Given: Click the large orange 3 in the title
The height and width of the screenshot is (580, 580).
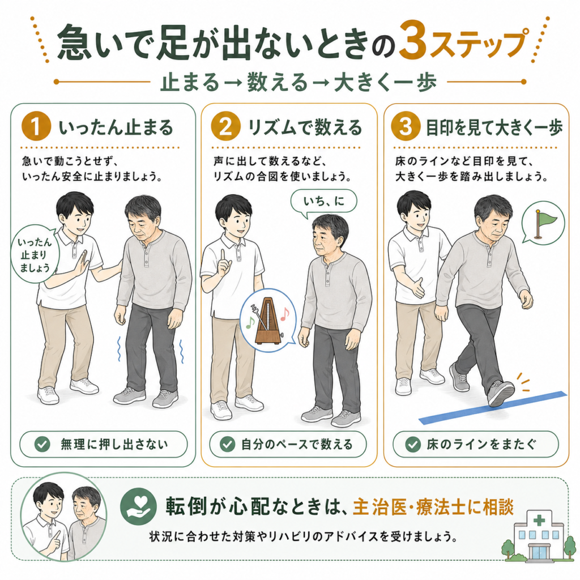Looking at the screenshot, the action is point(413,42).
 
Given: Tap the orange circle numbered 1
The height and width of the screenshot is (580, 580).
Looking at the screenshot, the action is point(36,126).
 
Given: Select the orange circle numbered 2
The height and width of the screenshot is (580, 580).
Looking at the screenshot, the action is point(225,126).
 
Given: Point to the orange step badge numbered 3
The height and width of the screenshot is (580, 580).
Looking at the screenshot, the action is point(406,126).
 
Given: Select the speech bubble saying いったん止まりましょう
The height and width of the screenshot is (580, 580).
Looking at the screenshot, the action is point(34,254).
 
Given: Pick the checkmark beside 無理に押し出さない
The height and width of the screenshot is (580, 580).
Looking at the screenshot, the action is point(42,444).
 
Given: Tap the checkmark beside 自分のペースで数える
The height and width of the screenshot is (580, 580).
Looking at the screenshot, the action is point(227,444).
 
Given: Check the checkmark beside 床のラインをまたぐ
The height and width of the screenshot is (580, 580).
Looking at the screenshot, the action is point(412,444).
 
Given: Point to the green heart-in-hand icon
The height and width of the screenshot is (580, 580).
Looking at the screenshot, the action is point(139,506).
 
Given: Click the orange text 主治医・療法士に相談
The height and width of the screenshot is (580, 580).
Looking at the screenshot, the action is point(433,507).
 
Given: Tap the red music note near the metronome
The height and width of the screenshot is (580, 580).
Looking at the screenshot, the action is point(284,314).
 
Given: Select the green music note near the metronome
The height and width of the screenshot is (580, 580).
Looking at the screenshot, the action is point(250,323).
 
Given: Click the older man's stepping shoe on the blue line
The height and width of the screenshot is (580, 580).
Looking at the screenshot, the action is point(501,394).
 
